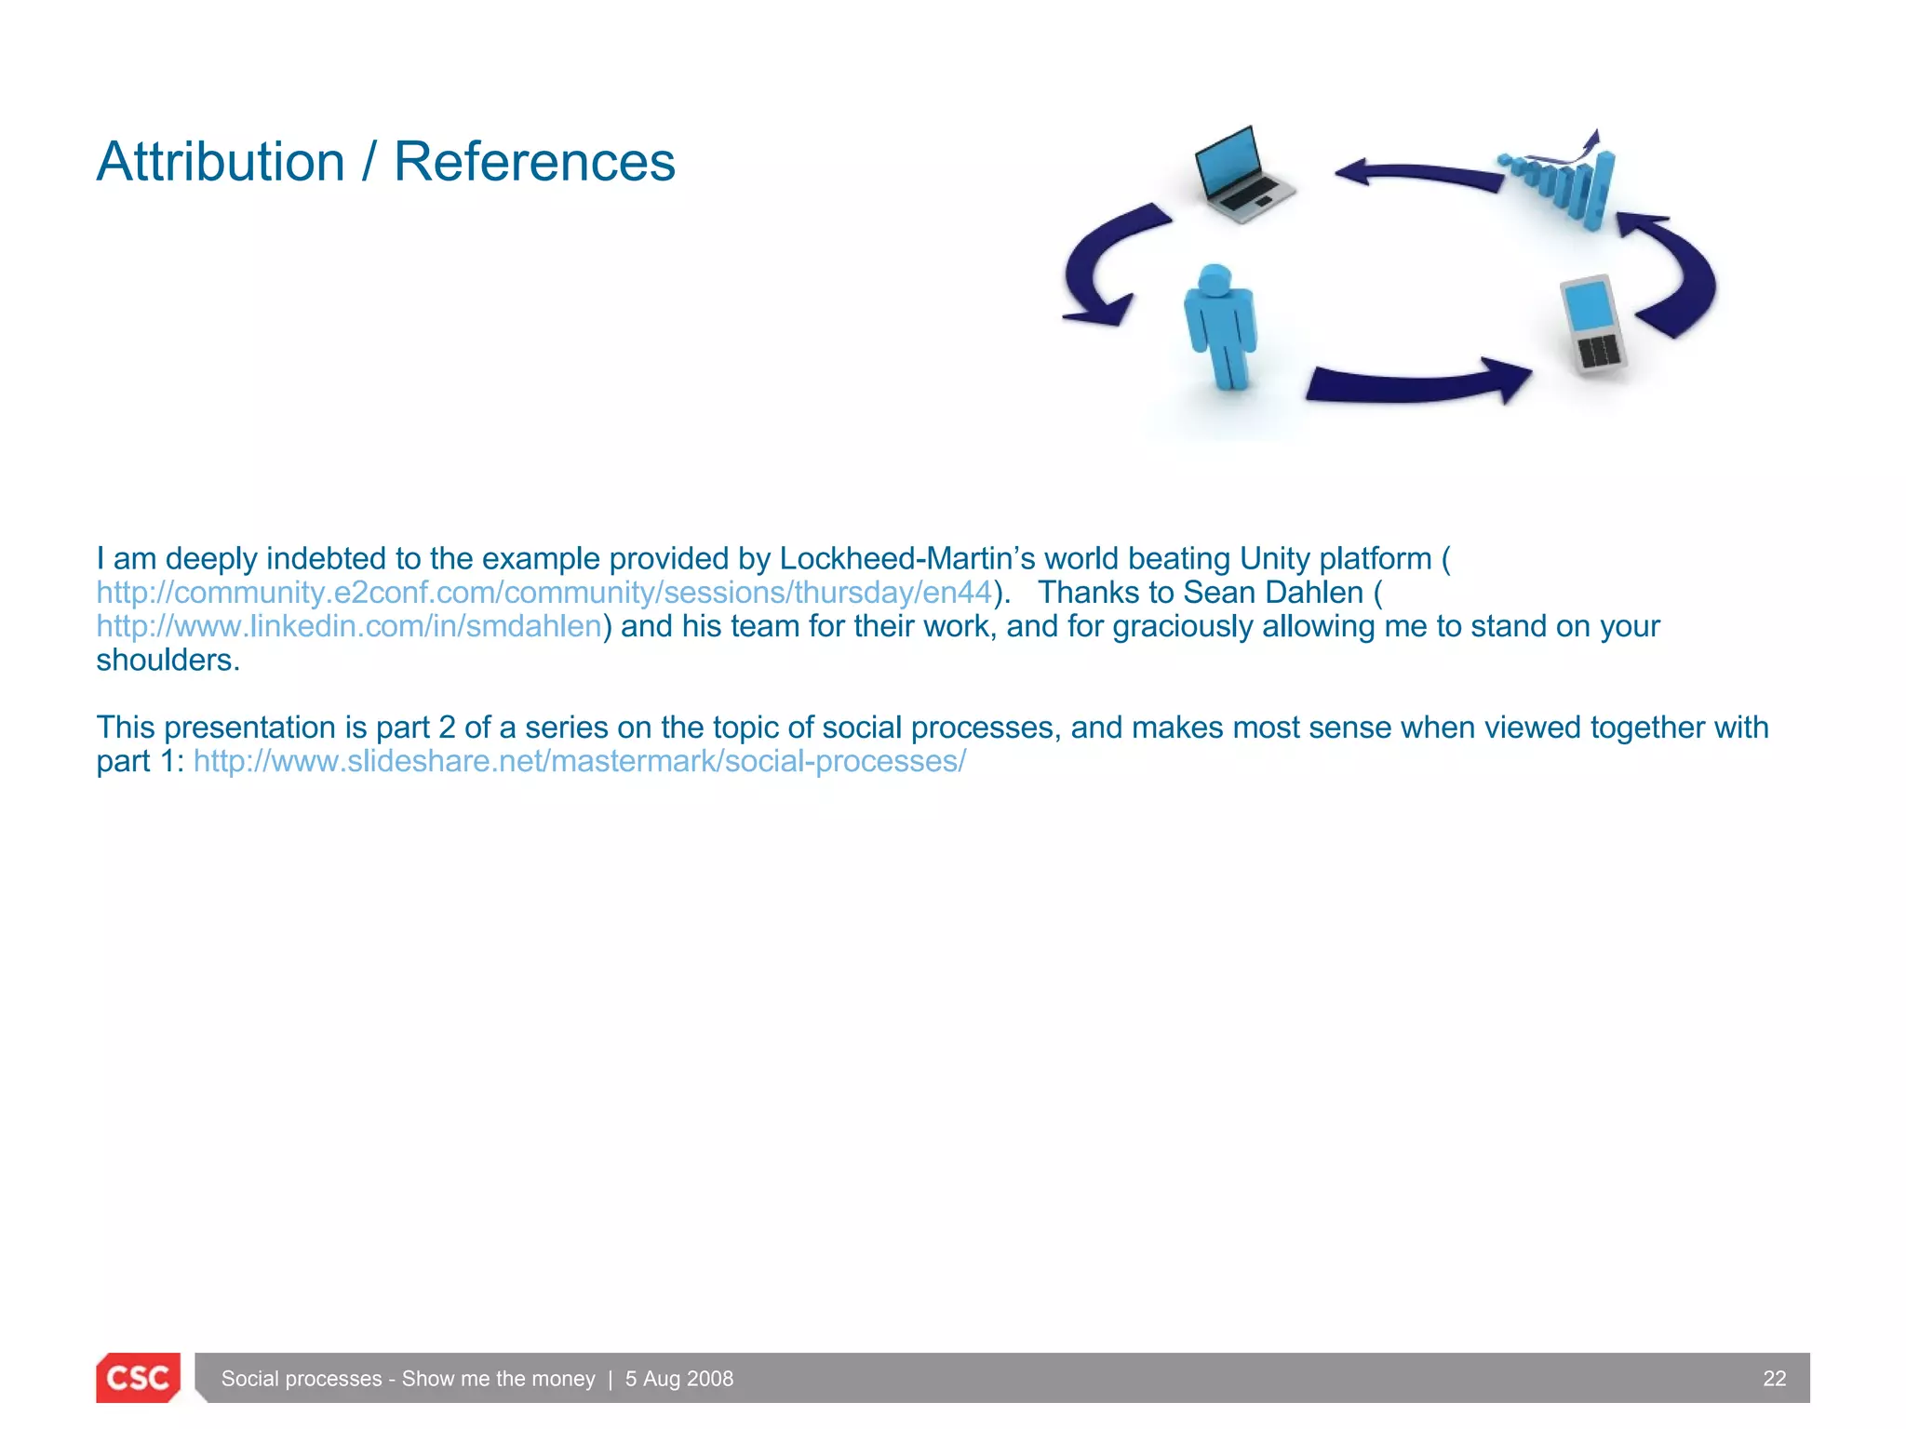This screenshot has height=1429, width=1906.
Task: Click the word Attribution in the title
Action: coord(221,162)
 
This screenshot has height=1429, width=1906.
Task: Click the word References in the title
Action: coord(534,162)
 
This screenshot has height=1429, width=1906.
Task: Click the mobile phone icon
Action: coord(1592,324)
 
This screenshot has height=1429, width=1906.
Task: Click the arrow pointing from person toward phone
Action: coord(1415,382)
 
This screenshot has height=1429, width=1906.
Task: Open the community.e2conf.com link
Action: coord(544,593)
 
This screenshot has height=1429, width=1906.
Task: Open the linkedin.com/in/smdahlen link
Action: coord(349,626)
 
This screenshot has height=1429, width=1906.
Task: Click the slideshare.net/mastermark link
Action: coord(579,761)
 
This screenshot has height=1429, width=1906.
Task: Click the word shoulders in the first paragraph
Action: coord(168,660)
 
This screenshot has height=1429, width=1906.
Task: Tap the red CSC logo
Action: coord(138,1378)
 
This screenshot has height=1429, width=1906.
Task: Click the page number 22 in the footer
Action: coord(1774,1379)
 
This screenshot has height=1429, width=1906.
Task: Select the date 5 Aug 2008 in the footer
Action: coord(678,1379)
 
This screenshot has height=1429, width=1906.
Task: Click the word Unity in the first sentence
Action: coord(1274,558)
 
